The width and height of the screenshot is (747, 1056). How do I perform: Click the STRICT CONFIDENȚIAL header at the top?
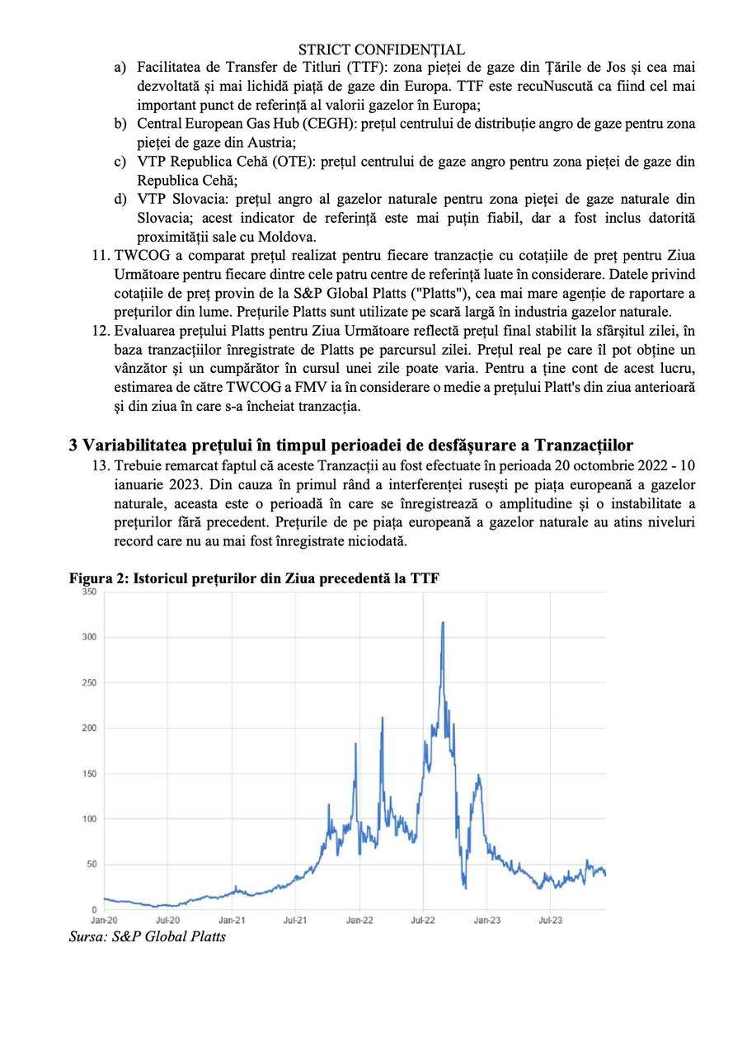click(x=381, y=50)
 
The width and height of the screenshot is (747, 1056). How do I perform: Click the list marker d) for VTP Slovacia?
click(x=120, y=199)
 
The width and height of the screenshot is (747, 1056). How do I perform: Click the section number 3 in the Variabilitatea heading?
click(x=73, y=445)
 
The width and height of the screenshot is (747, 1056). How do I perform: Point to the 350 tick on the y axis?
click(x=89, y=592)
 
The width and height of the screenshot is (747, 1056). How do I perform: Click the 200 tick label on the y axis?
click(x=89, y=728)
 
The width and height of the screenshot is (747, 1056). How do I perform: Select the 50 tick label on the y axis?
click(x=92, y=864)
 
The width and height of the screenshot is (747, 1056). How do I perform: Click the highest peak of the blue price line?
click(x=443, y=623)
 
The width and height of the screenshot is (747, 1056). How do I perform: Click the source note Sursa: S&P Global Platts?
click(x=147, y=936)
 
